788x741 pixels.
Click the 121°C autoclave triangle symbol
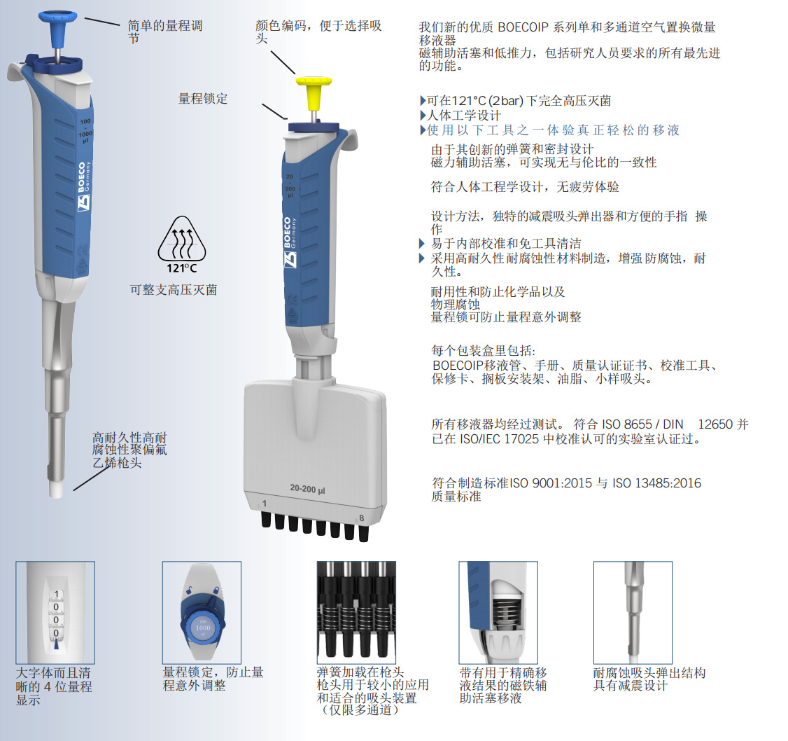pyautogui.click(x=182, y=244)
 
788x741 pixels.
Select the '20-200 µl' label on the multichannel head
pyautogui.click(x=307, y=488)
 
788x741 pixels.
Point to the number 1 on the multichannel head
pyautogui.click(x=265, y=504)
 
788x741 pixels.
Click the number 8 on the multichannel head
pyautogui.click(x=361, y=518)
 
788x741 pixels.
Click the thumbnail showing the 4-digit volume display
pyautogui.click(x=55, y=613)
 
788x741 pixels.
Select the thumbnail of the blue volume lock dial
pyautogui.click(x=202, y=613)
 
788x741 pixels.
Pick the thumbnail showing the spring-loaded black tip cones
pyautogui.click(x=356, y=613)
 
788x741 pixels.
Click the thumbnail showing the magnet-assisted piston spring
pyautogui.click(x=498, y=613)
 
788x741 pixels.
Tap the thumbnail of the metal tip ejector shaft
pyautogui.click(x=633, y=613)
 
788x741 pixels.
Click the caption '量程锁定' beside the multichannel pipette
pyautogui.click(x=203, y=99)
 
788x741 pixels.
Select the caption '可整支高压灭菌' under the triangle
pyautogui.click(x=174, y=290)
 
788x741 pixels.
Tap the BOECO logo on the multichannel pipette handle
pyautogui.click(x=290, y=242)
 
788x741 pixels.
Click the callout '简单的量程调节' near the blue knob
pyautogui.click(x=165, y=32)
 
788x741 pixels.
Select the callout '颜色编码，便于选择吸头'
pyautogui.click(x=318, y=32)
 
